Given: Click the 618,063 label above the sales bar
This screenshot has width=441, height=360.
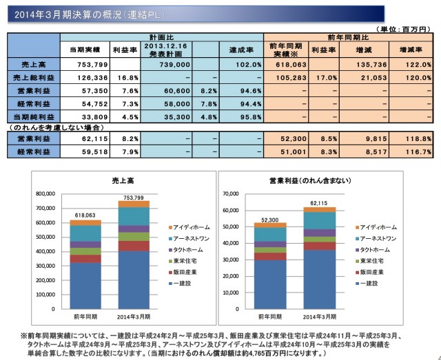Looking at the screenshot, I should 86,215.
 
